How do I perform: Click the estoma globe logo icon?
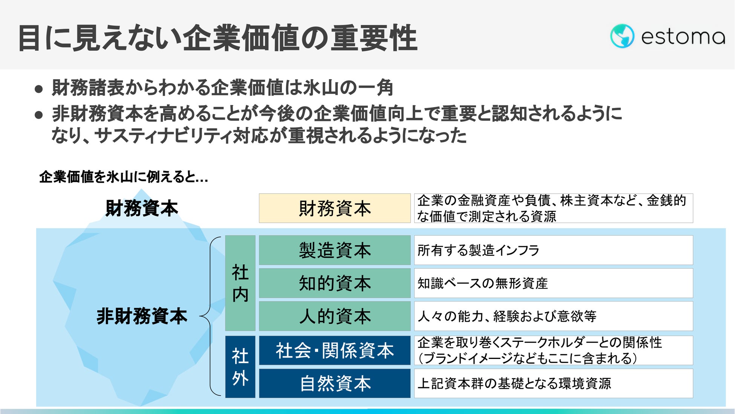tap(622, 36)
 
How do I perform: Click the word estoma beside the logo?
tap(683, 37)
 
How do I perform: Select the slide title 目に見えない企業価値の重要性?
tap(217, 38)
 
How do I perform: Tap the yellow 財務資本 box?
tap(334, 208)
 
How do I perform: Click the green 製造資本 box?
tap(334, 250)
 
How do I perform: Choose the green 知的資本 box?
tap(334, 283)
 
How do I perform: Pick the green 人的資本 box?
tap(334, 316)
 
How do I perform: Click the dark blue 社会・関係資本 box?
tap(334, 351)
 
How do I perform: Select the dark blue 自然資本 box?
tap(334, 383)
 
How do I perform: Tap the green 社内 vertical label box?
tap(240, 283)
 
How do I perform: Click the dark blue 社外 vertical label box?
tap(240, 367)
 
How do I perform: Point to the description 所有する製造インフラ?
tap(478, 250)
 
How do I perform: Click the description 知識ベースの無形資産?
tap(482, 283)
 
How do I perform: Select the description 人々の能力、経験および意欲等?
tap(507, 316)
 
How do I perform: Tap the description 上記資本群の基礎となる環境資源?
tap(514, 383)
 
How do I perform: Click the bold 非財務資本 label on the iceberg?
tap(142, 316)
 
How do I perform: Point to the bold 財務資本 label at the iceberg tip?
tap(141, 208)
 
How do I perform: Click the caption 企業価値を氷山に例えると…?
tap(124, 177)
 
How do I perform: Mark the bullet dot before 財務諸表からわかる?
tap(38, 89)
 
